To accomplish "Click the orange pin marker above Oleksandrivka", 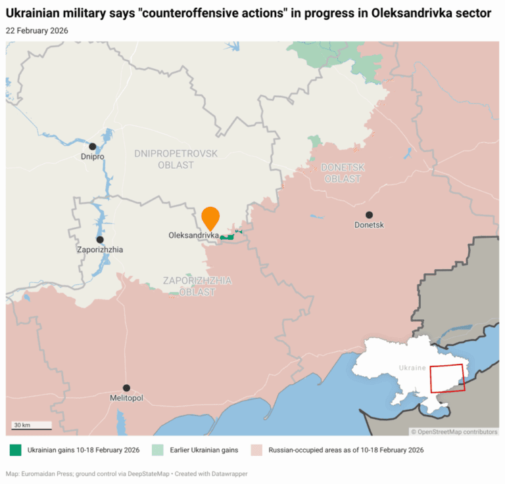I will [x=210, y=217].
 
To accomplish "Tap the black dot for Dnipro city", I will [x=93, y=146].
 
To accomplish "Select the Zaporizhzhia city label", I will [x=99, y=250].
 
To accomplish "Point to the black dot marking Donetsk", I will [x=369, y=215].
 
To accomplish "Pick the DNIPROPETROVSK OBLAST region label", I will [x=176, y=159].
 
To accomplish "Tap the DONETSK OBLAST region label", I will [x=343, y=173].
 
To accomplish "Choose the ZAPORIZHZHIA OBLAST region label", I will [x=197, y=286].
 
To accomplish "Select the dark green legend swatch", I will [x=15, y=451].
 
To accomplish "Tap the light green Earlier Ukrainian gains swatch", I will [x=157, y=451].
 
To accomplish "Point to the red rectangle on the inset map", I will [x=447, y=379].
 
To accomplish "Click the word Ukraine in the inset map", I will [x=412, y=368].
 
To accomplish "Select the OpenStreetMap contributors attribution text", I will [x=454, y=431].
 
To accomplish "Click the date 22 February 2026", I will [x=37, y=30].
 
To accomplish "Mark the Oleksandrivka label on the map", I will [x=193, y=235].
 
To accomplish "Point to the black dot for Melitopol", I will [x=126, y=388].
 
